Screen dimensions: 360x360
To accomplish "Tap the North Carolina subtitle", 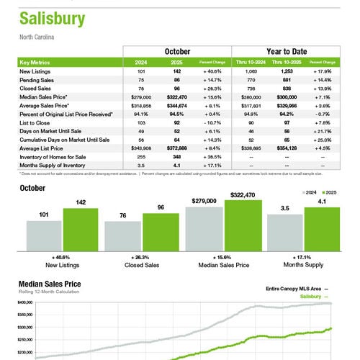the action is pyautogui.click(x=37, y=36).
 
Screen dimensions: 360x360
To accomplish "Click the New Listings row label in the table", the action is pyautogui.click(x=35, y=71).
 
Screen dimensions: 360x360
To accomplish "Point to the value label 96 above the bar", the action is pyautogui.click(x=160, y=207).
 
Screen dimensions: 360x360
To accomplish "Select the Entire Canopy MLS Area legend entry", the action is pyautogui.click(x=292, y=288).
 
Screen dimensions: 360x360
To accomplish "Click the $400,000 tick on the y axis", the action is pyautogui.click(x=26, y=303).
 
